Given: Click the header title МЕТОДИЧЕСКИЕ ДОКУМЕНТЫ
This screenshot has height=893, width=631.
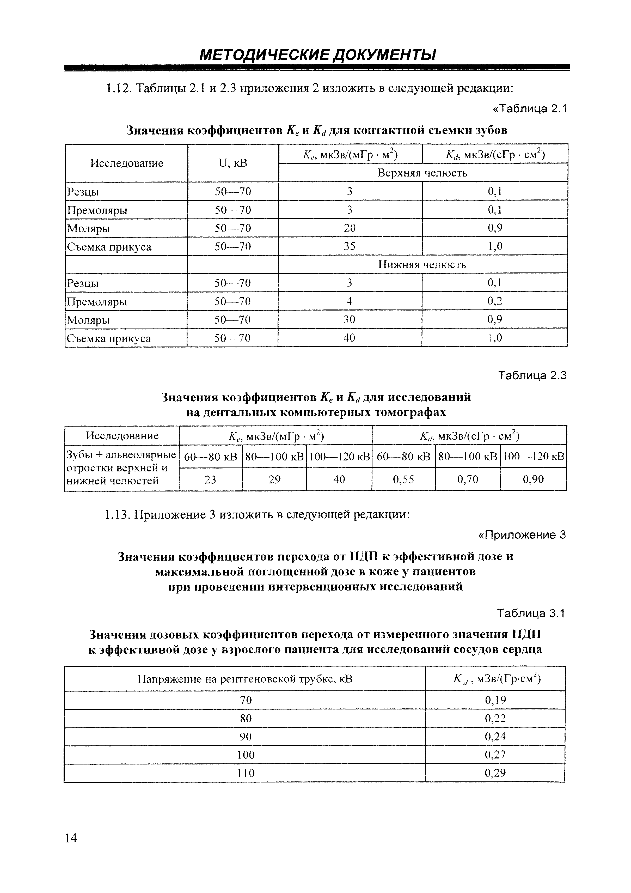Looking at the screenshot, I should click(x=317, y=55).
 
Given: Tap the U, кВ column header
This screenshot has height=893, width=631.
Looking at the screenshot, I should click(x=233, y=163).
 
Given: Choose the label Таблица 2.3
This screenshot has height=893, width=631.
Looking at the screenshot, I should click(x=532, y=375).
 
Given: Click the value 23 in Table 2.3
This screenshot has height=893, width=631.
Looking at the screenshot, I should click(x=210, y=479).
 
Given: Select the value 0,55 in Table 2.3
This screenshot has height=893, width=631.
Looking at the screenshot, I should click(x=403, y=479).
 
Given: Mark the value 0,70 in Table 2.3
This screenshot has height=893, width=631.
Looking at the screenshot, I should click(x=467, y=479).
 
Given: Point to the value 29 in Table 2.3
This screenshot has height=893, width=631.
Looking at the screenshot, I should click(x=274, y=479).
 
